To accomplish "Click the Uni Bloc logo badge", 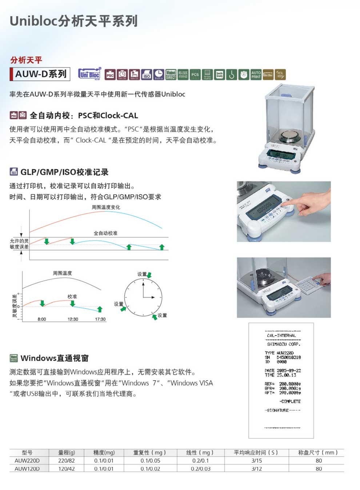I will click(89, 74).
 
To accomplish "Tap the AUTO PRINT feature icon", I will click(256, 75).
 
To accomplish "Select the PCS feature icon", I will click(195, 75).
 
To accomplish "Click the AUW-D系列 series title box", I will click(40, 74).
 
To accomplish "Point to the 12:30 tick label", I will click(73, 319).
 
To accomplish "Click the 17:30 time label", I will click(100, 319).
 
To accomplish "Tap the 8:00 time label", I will click(42, 319).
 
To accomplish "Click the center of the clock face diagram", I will click(143, 298).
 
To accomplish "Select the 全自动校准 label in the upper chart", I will click(105, 233).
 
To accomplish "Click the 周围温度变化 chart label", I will click(106, 207).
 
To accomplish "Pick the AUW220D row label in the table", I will click(27, 461).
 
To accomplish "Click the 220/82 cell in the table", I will click(67, 461).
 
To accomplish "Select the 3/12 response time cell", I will click(256, 469).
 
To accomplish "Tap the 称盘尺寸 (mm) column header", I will click(318, 453).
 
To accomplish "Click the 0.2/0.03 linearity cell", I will click(200, 469).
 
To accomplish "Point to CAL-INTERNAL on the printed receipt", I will click(281, 336).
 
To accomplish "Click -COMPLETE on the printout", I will click(290, 401).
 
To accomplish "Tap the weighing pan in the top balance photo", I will click(290, 137).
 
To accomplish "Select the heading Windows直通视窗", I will click(55, 358).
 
